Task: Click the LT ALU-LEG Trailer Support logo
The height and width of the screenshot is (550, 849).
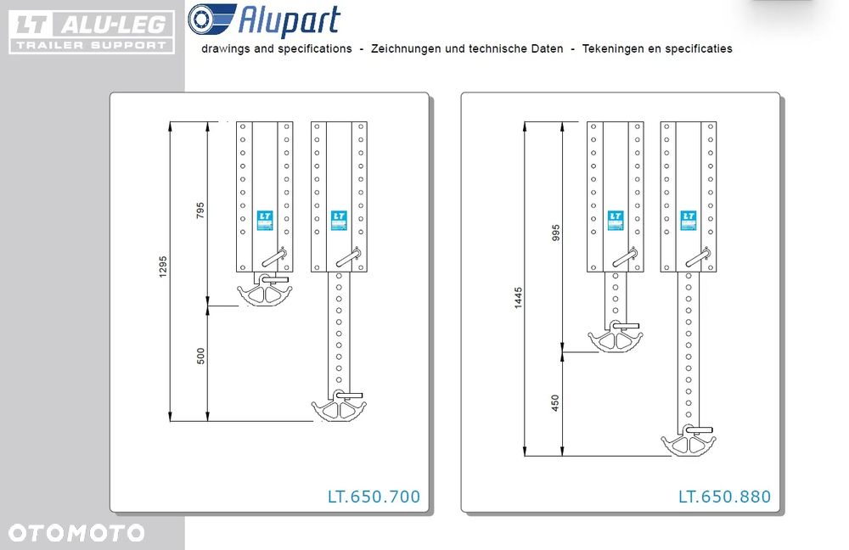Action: pyautogui.click(x=92, y=32)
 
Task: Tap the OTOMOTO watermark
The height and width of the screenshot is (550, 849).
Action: pyautogui.click(x=76, y=533)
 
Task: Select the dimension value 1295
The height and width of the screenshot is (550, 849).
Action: pyautogui.click(x=163, y=267)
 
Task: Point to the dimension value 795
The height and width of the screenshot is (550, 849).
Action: pyautogui.click(x=200, y=210)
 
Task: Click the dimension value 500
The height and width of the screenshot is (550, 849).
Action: pyautogui.click(x=200, y=356)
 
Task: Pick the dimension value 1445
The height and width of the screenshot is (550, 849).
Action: pyautogui.click(x=518, y=298)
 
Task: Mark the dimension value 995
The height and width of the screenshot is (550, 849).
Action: pyautogui.click(x=555, y=233)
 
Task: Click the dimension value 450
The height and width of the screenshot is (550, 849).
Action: pyautogui.click(x=555, y=403)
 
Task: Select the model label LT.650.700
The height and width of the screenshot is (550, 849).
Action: pyautogui.click(x=374, y=497)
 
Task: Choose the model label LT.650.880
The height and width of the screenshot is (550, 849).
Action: pyautogui.click(x=724, y=497)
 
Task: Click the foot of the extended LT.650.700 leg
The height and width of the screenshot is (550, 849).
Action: pyautogui.click(x=339, y=406)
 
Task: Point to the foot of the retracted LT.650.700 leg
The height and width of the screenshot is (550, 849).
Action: pyautogui.click(x=265, y=289)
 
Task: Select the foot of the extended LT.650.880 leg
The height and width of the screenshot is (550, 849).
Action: pyautogui.click(x=689, y=441)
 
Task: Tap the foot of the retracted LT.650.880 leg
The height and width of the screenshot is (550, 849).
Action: pyautogui.click(x=615, y=336)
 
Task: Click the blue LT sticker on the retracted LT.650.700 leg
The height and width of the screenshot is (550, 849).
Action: pyautogui.click(x=265, y=221)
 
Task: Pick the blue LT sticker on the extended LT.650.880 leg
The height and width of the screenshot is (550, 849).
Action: pyautogui.click(x=689, y=221)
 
